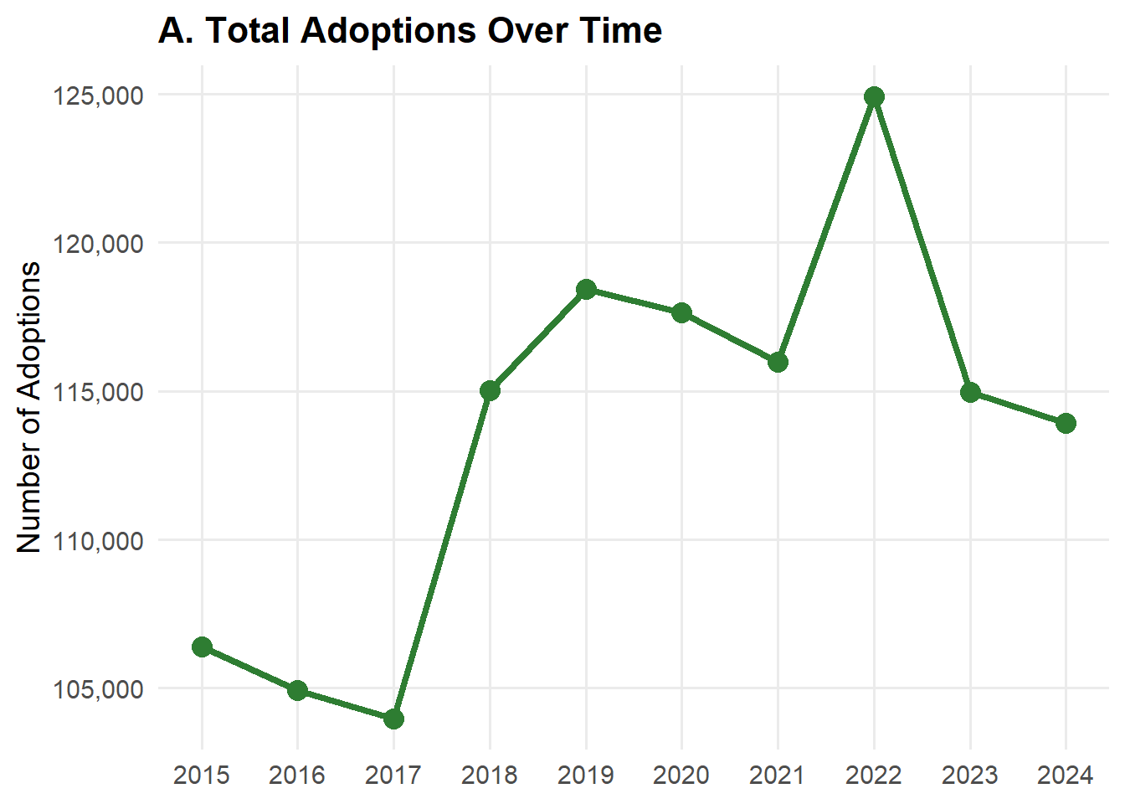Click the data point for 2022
pos(874,96)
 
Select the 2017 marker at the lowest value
pos(393,719)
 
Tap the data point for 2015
pos(202,647)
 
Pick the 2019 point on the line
pos(586,290)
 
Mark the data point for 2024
pos(1066,423)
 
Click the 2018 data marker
pos(491,390)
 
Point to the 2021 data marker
pos(778,363)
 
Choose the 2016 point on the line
pos(298,690)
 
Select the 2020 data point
pos(681,313)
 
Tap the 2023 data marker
pos(970,393)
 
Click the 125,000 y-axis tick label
pos(99,95)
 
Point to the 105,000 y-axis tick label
pos(99,689)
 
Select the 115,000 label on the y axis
pos(99,393)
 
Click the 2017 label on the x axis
pos(393,776)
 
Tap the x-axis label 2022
pos(874,776)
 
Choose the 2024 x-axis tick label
pos(1066,776)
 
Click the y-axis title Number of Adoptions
pos(28,407)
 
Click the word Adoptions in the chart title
pos(388,32)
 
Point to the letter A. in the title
pos(176,31)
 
